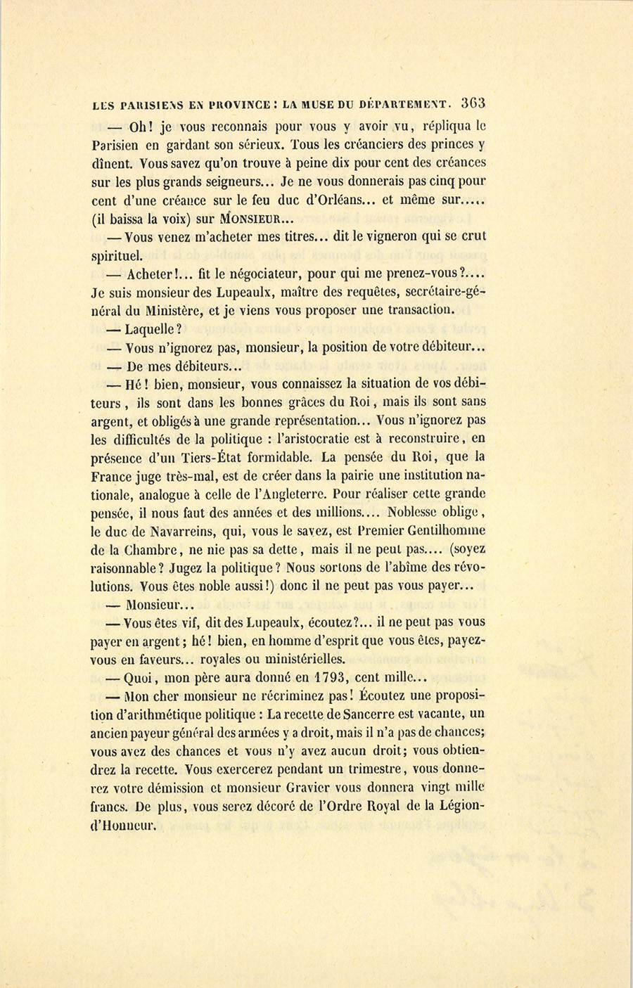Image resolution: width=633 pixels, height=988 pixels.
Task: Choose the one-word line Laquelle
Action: click(153, 328)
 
